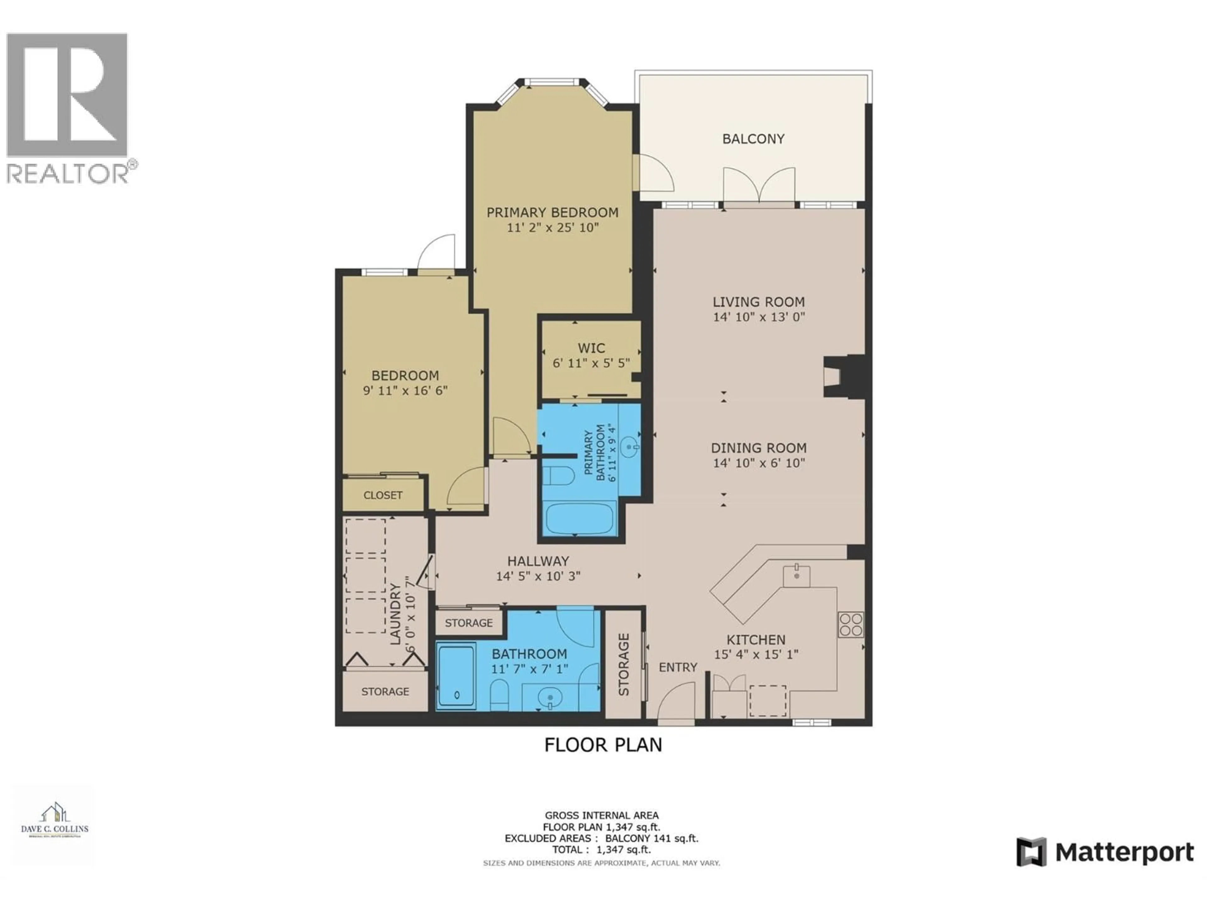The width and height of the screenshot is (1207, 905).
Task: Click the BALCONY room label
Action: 753,139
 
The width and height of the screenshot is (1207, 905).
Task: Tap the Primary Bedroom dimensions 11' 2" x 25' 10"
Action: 553,228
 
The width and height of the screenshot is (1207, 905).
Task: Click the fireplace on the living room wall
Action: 840,377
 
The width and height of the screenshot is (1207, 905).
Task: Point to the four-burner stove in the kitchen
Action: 851,625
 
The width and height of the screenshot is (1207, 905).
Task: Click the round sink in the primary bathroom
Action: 631,448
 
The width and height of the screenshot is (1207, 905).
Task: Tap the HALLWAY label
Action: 538,561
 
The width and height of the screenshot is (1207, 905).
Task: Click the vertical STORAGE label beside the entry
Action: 624,664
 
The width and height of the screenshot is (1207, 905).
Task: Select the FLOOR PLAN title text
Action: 603,745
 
